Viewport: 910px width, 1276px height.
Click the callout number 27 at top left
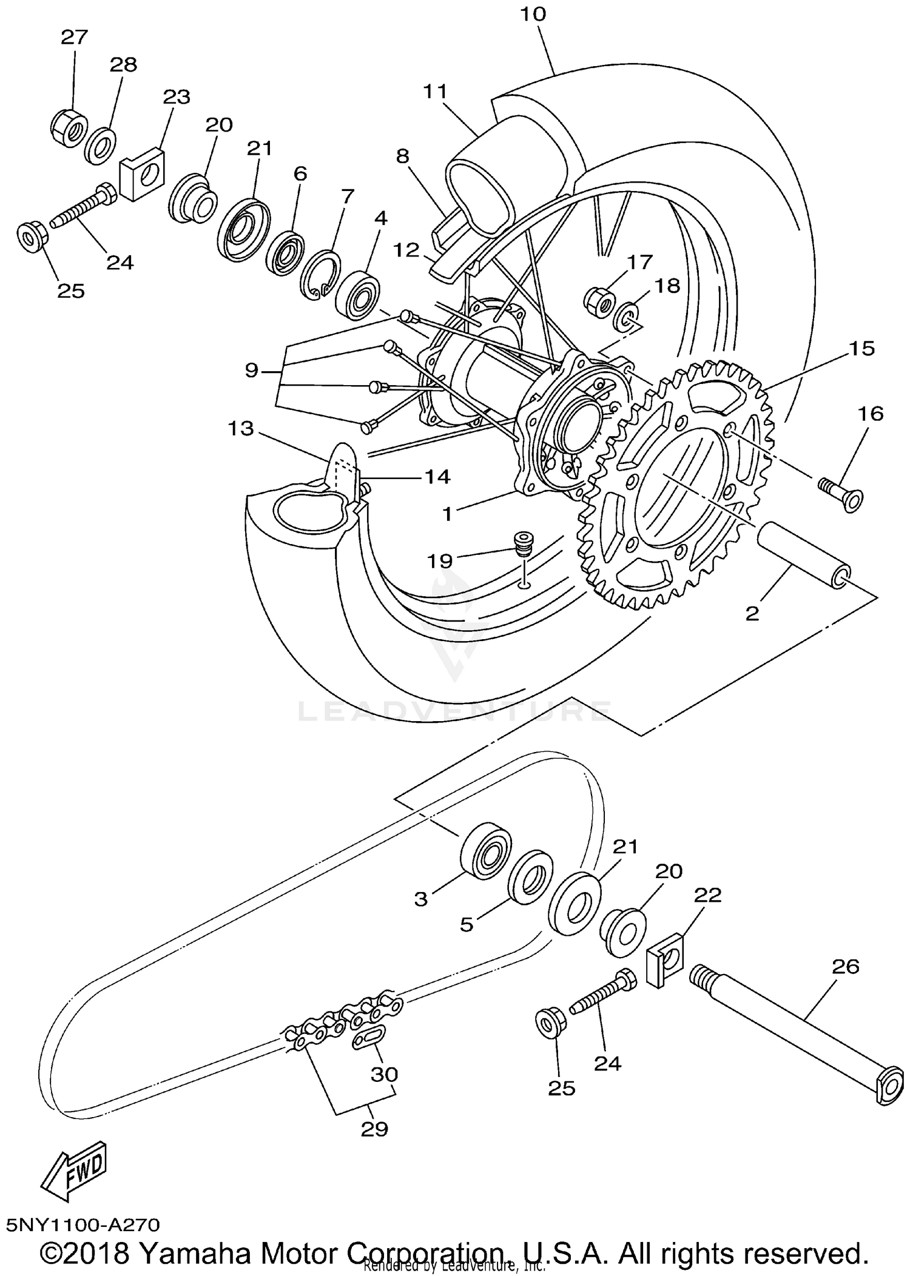point(75,38)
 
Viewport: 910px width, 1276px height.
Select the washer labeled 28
point(101,146)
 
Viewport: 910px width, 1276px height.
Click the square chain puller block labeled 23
point(143,173)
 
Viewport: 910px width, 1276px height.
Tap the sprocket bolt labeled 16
point(841,492)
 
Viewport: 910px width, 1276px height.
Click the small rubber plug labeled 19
point(522,542)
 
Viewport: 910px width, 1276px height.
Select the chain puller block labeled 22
point(666,961)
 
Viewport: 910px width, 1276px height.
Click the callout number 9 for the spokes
point(252,370)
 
